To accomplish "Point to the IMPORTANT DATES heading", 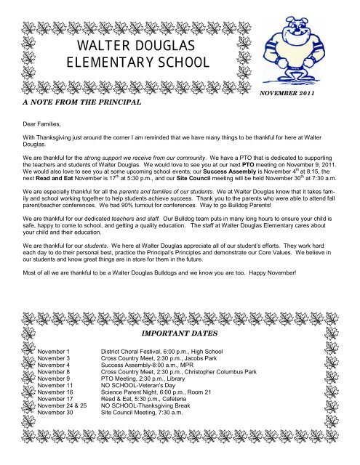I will point(179,336).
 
